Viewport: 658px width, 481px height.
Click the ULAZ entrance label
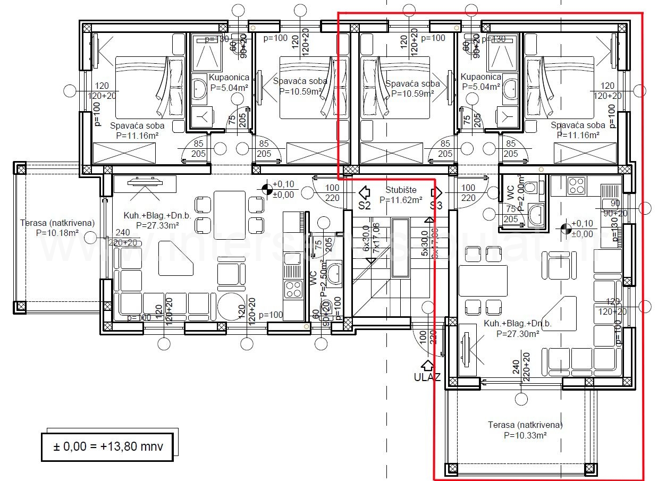coord(427,377)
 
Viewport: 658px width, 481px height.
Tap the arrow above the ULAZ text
coord(427,365)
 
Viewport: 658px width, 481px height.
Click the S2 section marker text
coord(364,206)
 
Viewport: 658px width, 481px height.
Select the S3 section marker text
coord(436,206)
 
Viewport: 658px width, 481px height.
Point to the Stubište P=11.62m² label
coord(401,195)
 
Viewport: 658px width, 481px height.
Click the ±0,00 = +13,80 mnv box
coord(108,446)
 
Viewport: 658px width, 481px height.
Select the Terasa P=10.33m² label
coord(525,429)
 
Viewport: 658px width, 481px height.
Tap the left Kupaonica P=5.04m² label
coord(229,82)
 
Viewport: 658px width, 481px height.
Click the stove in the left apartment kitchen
coord(293,289)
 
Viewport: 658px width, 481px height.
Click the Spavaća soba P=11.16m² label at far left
coord(137,131)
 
